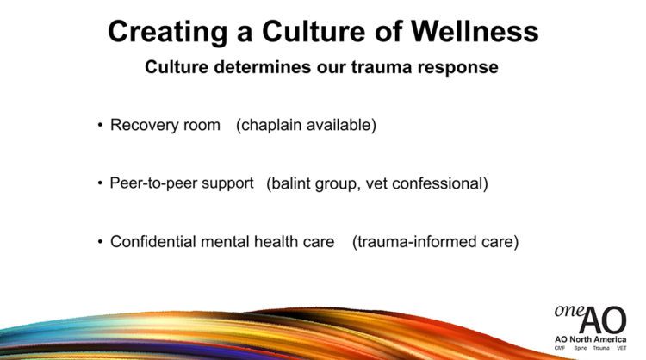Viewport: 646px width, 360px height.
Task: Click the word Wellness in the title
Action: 475,32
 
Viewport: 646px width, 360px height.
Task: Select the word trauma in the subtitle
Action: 382,67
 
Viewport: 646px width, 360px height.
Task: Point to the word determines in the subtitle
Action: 263,67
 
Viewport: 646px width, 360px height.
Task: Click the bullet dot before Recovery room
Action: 100,125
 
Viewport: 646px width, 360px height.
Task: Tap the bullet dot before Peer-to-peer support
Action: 100,183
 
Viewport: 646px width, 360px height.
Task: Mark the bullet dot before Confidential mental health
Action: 100,241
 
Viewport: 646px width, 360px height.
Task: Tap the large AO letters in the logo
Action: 603,320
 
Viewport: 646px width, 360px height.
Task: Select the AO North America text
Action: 590,339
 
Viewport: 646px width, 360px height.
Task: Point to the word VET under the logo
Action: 621,348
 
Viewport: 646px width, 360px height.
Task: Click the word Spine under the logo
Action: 580,348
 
